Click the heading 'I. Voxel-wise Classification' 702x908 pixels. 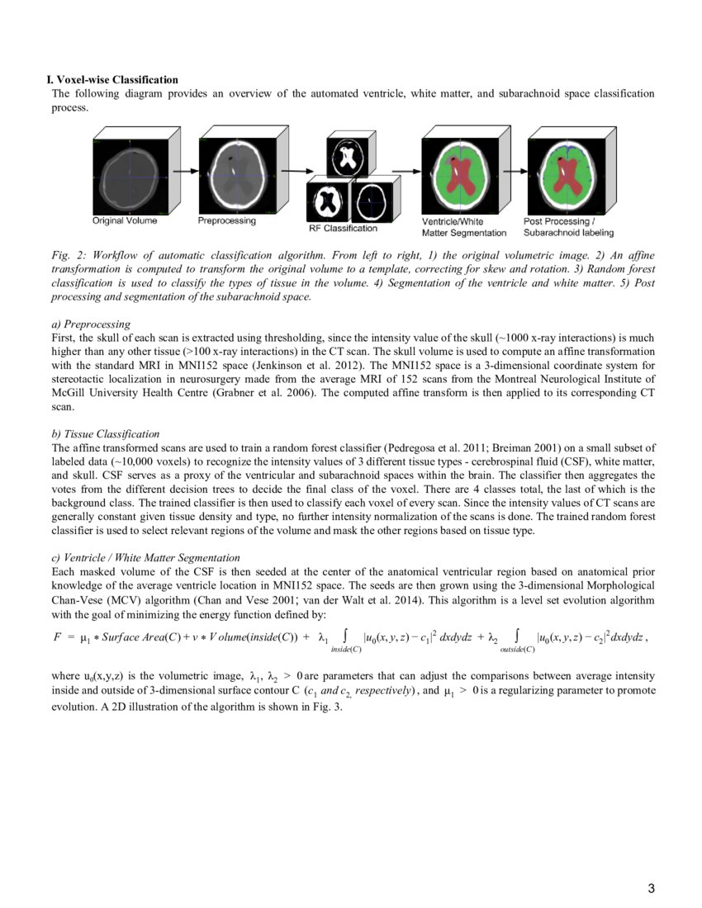point(112,80)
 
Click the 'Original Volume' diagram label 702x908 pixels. point(125,220)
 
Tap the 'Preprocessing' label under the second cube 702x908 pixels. point(227,220)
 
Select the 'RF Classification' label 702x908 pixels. point(343,228)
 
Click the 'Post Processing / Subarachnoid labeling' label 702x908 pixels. point(568,227)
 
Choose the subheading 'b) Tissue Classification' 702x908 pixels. point(106,434)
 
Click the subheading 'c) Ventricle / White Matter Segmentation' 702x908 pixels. point(145,558)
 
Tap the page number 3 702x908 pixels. point(651,888)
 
